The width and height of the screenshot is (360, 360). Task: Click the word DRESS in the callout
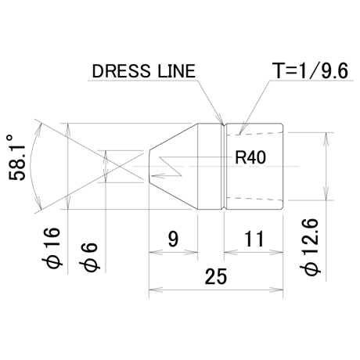click(121, 71)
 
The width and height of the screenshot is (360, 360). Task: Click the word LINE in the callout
click(177, 71)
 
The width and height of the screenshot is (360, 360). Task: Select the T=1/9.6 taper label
click(310, 70)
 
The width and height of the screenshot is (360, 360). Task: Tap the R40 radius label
click(250, 157)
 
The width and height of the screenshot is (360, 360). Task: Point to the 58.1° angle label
click(17, 157)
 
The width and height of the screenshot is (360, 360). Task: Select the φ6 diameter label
click(89, 257)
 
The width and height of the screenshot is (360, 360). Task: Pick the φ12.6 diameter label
click(310, 247)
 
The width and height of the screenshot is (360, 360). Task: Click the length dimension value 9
click(173, 239)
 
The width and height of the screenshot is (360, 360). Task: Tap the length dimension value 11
click(254, 239)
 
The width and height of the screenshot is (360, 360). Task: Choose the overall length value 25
click(216, 276)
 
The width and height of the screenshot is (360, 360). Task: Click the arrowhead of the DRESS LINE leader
click(222, 122)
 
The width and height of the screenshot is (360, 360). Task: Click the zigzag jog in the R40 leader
click(170, 166)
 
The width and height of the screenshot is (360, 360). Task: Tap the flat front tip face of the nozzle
click(149, 166)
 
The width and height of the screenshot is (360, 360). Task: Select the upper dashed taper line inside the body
click(254, 133)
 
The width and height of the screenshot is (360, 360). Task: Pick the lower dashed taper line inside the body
click(254, 200)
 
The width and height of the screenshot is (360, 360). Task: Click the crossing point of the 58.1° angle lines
click(120, 166)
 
